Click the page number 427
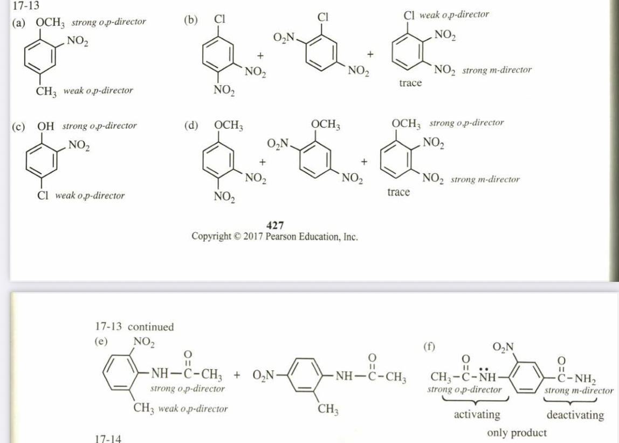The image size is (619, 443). [275, 225]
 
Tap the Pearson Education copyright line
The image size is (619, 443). [275, 237]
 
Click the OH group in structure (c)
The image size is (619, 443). [46, 126]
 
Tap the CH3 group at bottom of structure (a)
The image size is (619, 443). [47, 91]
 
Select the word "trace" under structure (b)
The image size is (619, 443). [410, 83]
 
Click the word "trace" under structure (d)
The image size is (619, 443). [398, 192]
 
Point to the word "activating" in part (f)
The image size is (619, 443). [477, 414]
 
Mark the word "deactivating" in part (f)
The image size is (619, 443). [575, 414]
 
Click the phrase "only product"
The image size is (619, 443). [517, 432]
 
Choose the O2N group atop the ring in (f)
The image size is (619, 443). [504, 347]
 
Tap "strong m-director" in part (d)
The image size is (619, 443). [485, 179]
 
